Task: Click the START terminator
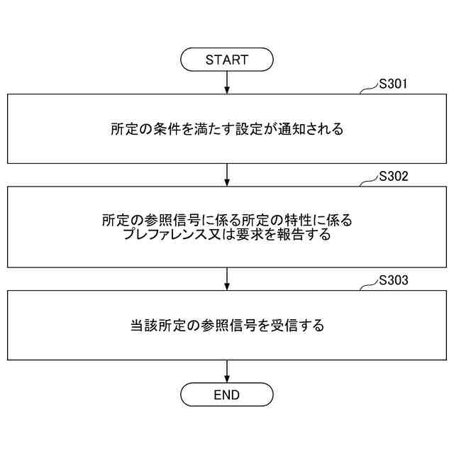227,60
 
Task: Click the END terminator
227,394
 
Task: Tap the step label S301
392,84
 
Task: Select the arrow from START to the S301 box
227,82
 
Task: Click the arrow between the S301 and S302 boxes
227,175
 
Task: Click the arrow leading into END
227,371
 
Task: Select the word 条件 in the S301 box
167,130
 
